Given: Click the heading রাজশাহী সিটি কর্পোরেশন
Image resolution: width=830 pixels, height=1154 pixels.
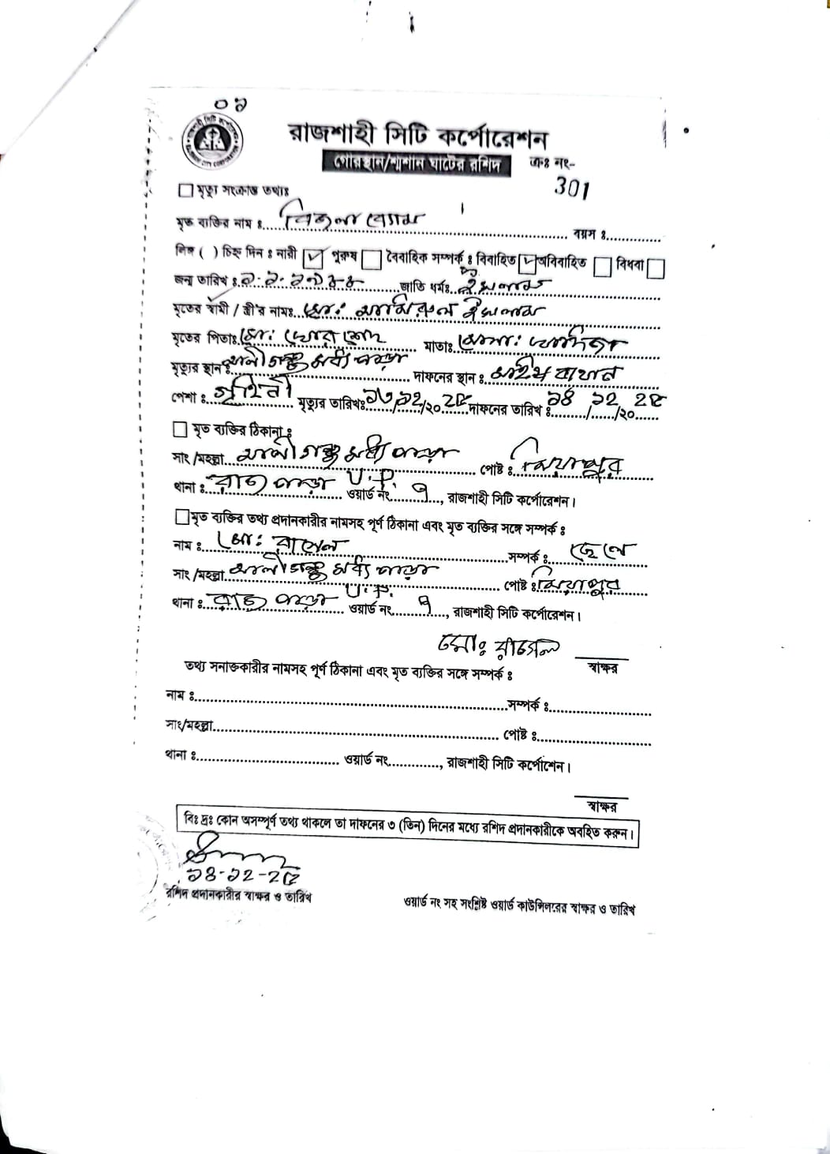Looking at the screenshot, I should tap(417, 134).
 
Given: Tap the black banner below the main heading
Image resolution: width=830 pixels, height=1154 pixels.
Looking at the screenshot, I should tap(416, 164).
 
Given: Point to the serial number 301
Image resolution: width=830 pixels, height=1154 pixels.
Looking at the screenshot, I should tap(572, 188).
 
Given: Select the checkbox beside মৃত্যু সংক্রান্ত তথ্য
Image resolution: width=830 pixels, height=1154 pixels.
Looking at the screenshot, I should tap(186, 190).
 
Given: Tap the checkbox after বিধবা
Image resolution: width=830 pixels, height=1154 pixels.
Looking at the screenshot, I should tap(656, 268).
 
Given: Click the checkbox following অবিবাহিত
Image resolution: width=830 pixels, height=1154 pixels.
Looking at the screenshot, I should tap(603, 267).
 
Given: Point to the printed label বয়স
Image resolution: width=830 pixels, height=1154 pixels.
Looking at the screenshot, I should tap(589, 234).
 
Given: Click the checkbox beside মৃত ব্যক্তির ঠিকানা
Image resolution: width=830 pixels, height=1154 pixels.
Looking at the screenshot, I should tap(180, 429).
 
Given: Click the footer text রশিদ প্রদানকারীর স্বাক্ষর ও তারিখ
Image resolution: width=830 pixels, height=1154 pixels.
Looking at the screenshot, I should tap(239, 896).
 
